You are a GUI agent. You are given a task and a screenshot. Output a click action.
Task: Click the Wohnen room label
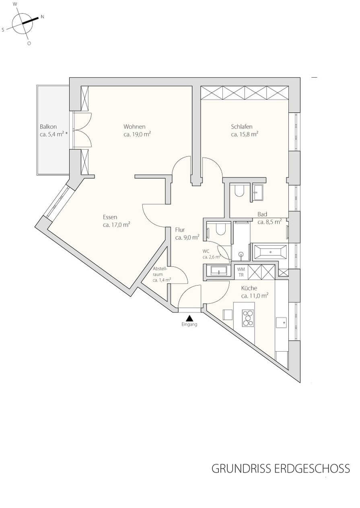pos(134,127)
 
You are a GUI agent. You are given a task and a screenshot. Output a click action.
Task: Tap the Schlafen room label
pos(242,127)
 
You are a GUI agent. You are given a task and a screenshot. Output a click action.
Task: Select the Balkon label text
pos(48,127)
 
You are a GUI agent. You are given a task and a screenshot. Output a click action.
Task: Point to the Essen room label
pos(110,217)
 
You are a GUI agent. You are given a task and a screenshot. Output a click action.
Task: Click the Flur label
pos(180,230)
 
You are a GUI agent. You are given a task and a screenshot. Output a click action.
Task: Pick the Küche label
pos(249,288)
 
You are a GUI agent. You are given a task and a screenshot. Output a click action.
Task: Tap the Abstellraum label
pos(160,271)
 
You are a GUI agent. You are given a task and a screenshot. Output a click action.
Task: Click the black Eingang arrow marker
pos(189,318)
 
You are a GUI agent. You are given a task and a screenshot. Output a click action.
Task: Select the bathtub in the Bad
pos(270,252)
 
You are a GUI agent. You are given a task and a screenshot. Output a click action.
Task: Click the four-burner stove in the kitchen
pos(248,318)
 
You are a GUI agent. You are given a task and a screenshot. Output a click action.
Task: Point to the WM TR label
pos(241,272)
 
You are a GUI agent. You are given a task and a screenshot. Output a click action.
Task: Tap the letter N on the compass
pos(42,16)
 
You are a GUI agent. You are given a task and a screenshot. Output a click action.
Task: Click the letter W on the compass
pos(15,4)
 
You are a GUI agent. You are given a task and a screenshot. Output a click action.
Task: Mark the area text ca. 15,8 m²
pos(245,134)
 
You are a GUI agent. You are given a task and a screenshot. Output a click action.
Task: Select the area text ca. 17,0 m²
pos(116,225)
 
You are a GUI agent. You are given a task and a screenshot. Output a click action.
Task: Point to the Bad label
pos(262,214)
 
